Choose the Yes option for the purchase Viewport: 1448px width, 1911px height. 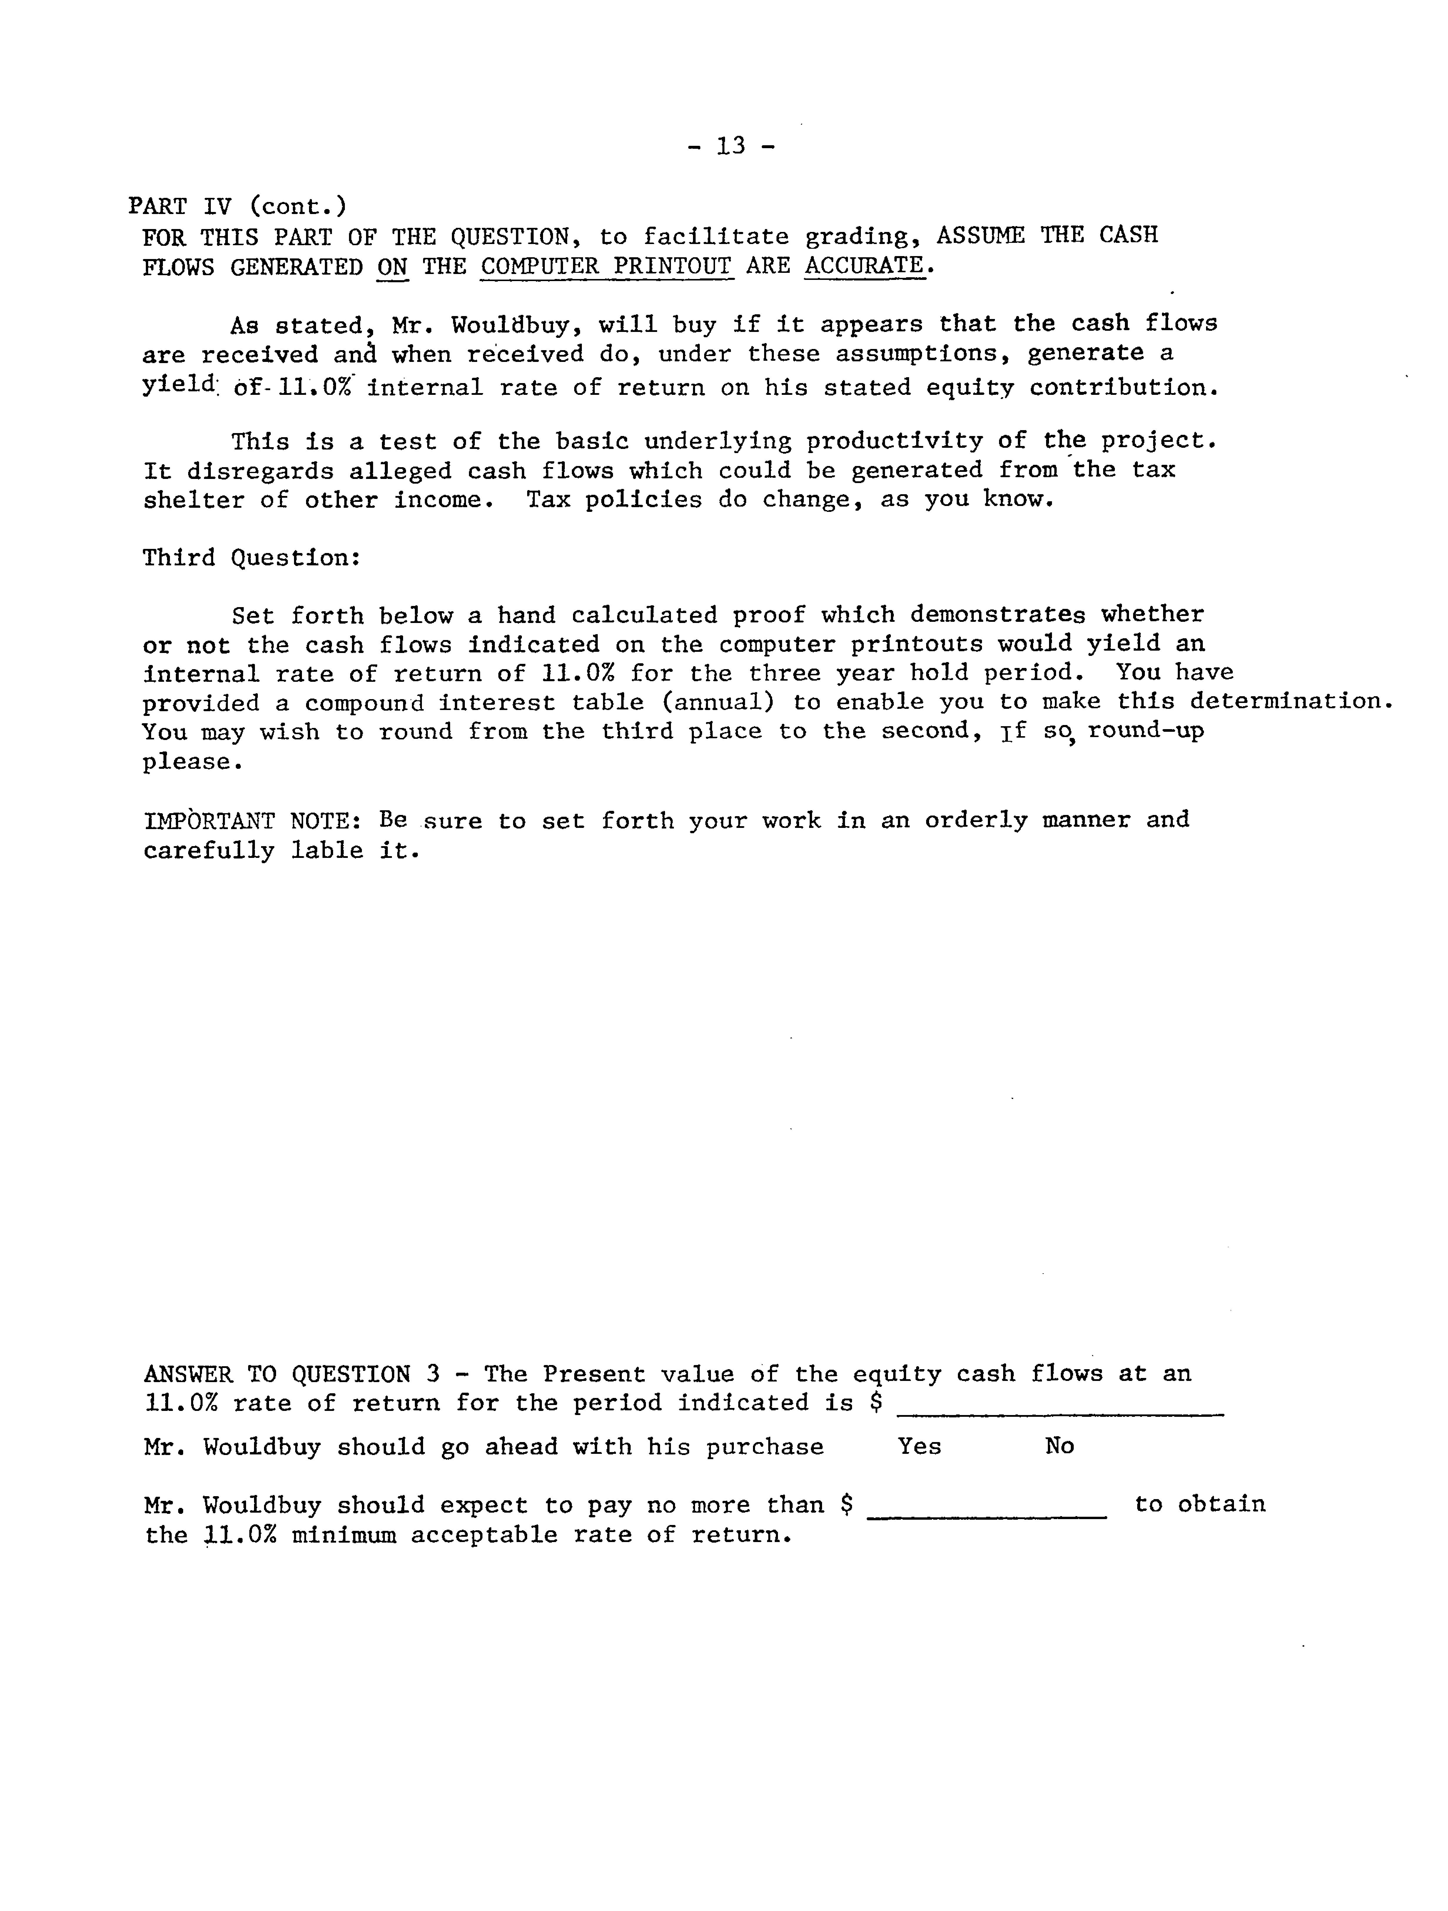coord(919,1446)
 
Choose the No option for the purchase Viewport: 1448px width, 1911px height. coord(1059,1446)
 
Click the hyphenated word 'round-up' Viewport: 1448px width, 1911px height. coord(1146,731)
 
